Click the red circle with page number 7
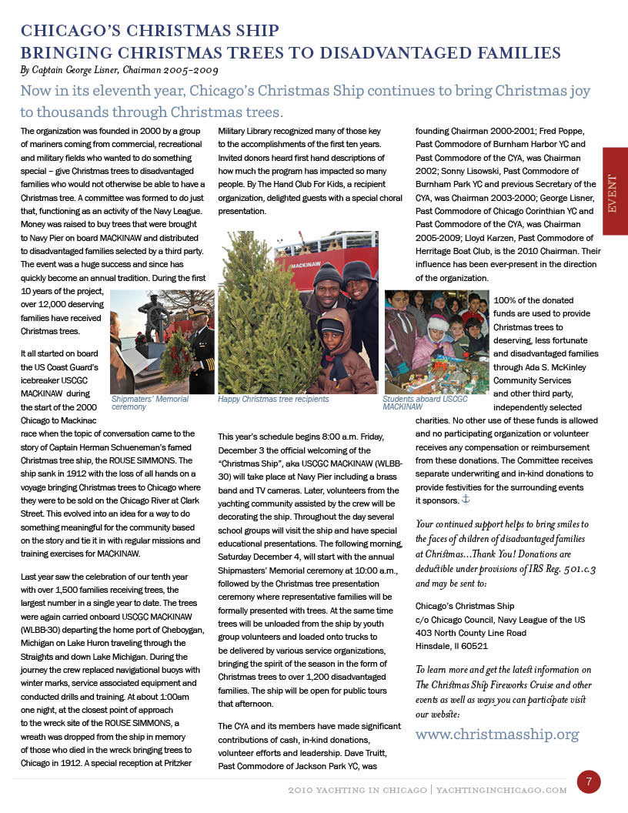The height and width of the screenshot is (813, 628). (589, 782)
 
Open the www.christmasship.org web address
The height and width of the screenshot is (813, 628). (497, 734)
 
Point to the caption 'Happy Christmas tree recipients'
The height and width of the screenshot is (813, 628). (273, 400)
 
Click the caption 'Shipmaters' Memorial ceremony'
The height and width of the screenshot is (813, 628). (150, 403)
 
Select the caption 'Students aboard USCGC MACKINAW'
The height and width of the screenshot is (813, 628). (425, 403)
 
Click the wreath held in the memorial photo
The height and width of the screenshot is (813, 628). (175, 356)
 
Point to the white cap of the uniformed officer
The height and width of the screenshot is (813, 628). (198, 311)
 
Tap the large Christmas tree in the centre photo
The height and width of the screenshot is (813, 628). (258, 323)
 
